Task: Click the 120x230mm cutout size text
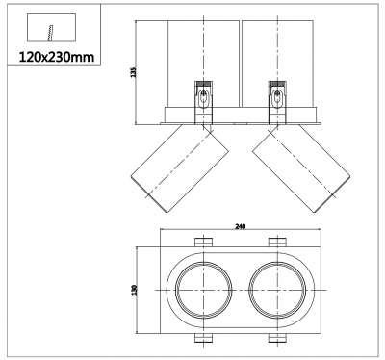tap(57, 57)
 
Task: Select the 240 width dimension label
tap(240, 226)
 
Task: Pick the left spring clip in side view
tap(203, 102)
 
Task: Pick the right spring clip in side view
tap(277, 102)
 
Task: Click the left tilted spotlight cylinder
tap(180, 168)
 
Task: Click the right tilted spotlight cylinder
tap(301, 168)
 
